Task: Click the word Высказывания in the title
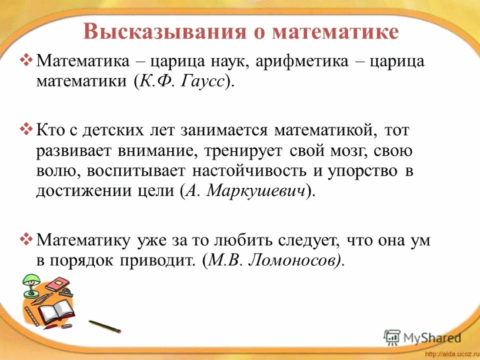tap(164, 32)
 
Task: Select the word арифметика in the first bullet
tap(302, 61)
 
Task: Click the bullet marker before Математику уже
tap(26, 239)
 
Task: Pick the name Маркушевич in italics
tap(256, 191)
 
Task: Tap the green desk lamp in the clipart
tap(31, 285)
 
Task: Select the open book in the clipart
tap(56, 311)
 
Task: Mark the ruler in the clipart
tap(32, 315)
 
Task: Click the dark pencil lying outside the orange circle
tap(105, 326)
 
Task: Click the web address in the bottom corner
tap(452, 355)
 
